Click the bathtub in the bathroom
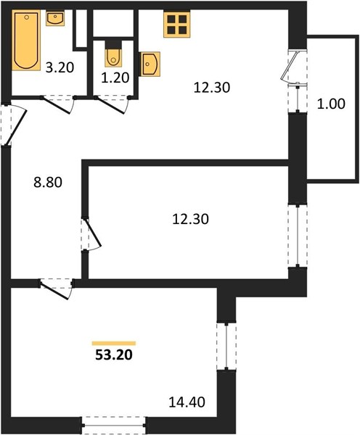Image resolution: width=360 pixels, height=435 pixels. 26,40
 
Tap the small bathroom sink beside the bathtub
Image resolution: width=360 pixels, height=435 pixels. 55,19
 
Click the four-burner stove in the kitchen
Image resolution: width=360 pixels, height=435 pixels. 177,25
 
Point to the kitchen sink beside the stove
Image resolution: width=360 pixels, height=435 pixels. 150,64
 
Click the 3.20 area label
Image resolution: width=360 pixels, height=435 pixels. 60,67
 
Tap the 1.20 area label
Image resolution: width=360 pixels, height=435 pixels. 115,78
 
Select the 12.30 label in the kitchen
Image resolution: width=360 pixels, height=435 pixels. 212,88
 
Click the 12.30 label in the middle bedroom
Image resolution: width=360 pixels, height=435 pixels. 191,219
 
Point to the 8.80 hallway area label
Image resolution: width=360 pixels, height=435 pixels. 48,182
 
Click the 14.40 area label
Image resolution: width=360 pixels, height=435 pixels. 187,402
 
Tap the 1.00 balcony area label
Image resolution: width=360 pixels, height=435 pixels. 331,104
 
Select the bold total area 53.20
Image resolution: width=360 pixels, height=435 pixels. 114,355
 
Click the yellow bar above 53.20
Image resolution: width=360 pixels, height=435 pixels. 114,344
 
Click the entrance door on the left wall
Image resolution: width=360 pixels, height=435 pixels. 13,125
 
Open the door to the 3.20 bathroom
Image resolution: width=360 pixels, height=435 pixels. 58,104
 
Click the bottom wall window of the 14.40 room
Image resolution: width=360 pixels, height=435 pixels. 114,425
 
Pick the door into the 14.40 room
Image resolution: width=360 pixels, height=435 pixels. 57,289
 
